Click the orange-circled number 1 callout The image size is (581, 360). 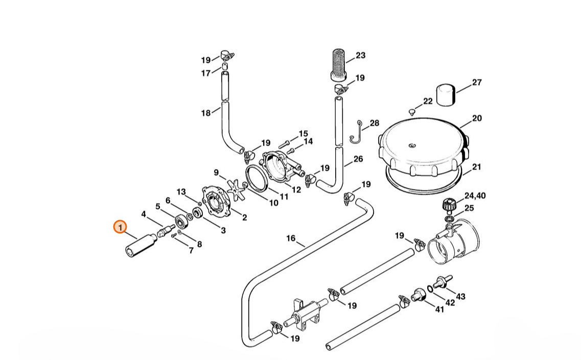[x=120, y=227]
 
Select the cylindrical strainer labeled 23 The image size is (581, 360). [x=338, y=64]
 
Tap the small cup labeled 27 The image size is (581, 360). [x=446, y=95]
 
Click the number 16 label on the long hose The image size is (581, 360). [x=291, y=238]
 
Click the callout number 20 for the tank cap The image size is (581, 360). [x=477, y=118]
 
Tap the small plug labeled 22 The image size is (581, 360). [x=412, y=111]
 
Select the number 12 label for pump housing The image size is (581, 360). [x=296, y=190]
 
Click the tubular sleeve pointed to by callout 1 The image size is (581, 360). [x=141, y=245]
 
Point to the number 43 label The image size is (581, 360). [x=460, y=297]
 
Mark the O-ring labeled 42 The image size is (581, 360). [x=429, y=288]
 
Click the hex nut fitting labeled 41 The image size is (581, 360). [x=419, y=295]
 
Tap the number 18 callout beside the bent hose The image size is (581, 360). [x=206, y=113]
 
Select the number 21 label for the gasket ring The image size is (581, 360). [x=477, y=167]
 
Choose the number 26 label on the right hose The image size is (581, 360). [x=358, y=159]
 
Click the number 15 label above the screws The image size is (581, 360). [x=304, y=134]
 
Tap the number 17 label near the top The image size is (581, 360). [x=206, y=74]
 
